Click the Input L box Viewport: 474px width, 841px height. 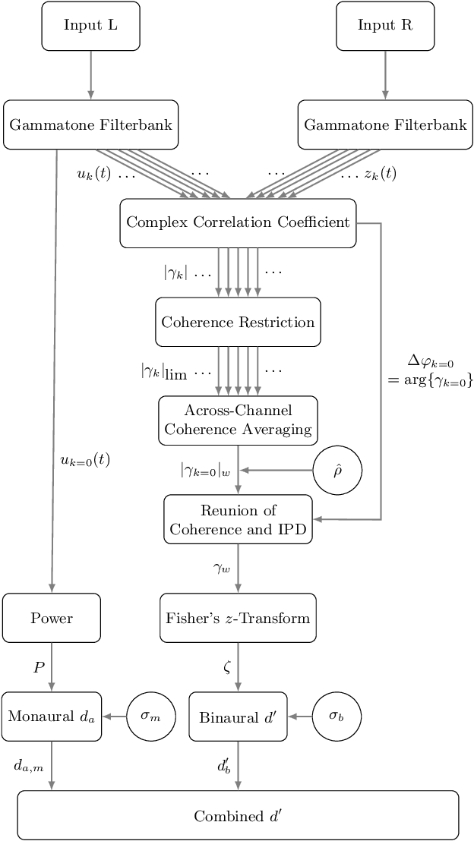point(91,25)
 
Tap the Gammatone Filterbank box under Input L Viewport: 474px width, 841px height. point(90,124)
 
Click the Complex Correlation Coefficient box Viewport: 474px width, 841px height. point(238,222)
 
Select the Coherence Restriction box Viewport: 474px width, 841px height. point(238,322)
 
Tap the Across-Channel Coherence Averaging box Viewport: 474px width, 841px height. point(238,420)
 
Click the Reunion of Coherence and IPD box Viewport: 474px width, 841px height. point(238,520)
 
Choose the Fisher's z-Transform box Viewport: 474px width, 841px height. point(238,618)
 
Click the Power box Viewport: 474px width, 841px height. point(51,618)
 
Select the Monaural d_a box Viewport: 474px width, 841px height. point(51,717)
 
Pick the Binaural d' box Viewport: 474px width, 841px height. point(238,717)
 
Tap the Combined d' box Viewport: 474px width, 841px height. point(238,816)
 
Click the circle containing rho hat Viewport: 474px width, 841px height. point(337,471)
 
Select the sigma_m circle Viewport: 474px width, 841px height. point(150,717)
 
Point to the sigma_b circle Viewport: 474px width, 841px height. point(337,717)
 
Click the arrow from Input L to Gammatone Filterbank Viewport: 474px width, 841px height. point(91,74)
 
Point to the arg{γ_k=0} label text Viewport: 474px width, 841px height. point(430,382)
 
